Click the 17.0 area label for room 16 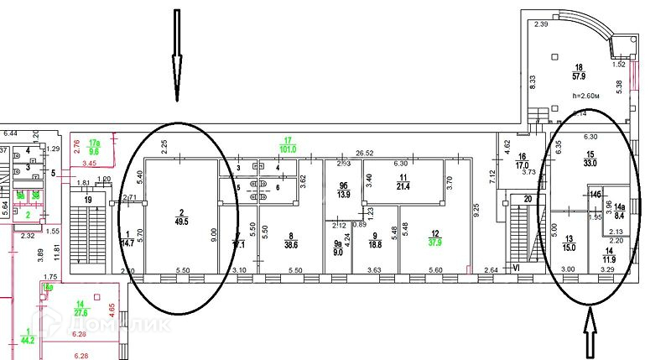[x=521, y=165]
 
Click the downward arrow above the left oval [x=177, y=55]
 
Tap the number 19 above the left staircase [x=88, y=200]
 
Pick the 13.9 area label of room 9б [x=343, y=194]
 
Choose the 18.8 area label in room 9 [x=375, y=247]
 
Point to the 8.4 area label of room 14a [x=620, y=216]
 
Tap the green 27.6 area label [x=82, y=312]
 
